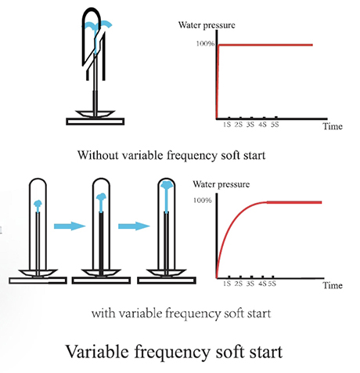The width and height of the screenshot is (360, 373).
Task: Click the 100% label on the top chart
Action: coord(205,44)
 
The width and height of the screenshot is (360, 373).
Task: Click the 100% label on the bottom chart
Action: coord(203,201)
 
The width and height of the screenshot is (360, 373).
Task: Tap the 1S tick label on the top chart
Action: coord(227,125)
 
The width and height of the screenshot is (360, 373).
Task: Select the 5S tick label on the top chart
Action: coord(275,125)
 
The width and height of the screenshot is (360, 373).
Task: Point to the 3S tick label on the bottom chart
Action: coord(250,284)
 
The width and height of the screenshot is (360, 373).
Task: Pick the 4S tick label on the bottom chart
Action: coord(262,284)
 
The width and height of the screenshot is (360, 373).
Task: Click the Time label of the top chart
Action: coord(333,126)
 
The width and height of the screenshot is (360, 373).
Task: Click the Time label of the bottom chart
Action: coord(333,285)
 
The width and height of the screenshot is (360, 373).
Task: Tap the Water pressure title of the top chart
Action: coord(207,25)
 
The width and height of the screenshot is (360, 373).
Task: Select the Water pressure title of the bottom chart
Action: coord(221,184)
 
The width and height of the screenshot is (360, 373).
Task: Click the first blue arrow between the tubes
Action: coord(70,226)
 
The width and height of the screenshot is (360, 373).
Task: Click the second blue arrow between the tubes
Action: coord(134,226)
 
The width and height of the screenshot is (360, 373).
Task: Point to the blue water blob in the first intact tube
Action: coord(38,205)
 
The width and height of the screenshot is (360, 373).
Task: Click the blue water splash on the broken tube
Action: coord(97,26)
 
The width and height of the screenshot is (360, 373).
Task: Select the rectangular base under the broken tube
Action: coord(95,121)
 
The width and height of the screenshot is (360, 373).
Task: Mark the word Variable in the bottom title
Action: coord(97,352)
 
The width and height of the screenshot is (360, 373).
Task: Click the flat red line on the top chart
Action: coord(265,45)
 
